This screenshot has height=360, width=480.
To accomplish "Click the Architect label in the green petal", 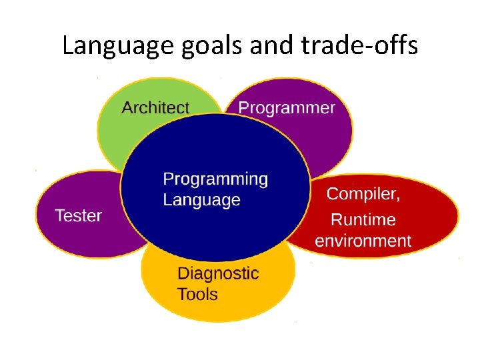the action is coord(155,107).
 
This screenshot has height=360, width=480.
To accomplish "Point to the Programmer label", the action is coord(287,107).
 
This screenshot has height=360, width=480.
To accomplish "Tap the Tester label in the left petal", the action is coord(78,215).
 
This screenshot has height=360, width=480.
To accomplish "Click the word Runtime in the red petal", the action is coord(363,219).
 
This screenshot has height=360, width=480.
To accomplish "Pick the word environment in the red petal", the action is coord(363,241).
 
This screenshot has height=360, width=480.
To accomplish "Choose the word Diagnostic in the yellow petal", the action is coord(218,273).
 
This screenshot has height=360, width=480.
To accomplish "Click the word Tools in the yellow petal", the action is coord(197,294).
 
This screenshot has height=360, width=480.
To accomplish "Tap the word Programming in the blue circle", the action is coord(215,179).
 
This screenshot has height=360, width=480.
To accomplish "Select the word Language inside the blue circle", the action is coord(201,200).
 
